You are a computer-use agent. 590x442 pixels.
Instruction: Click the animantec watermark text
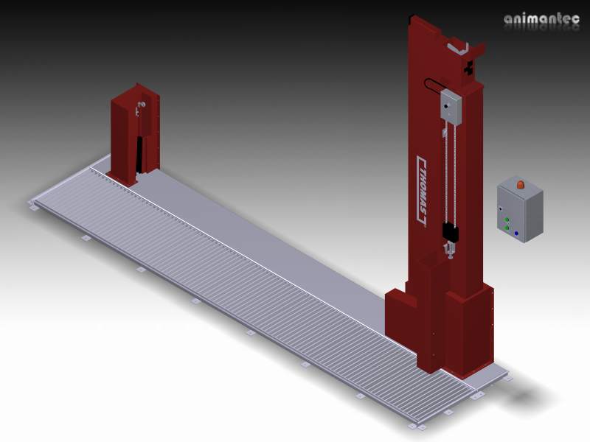pyautogui.click(x=542, y=19)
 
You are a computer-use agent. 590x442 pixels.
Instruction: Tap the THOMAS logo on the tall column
pyautogui.click(x=423, y=191)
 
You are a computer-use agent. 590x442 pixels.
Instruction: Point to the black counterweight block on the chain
pyautogui.click(x=451, y=233)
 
